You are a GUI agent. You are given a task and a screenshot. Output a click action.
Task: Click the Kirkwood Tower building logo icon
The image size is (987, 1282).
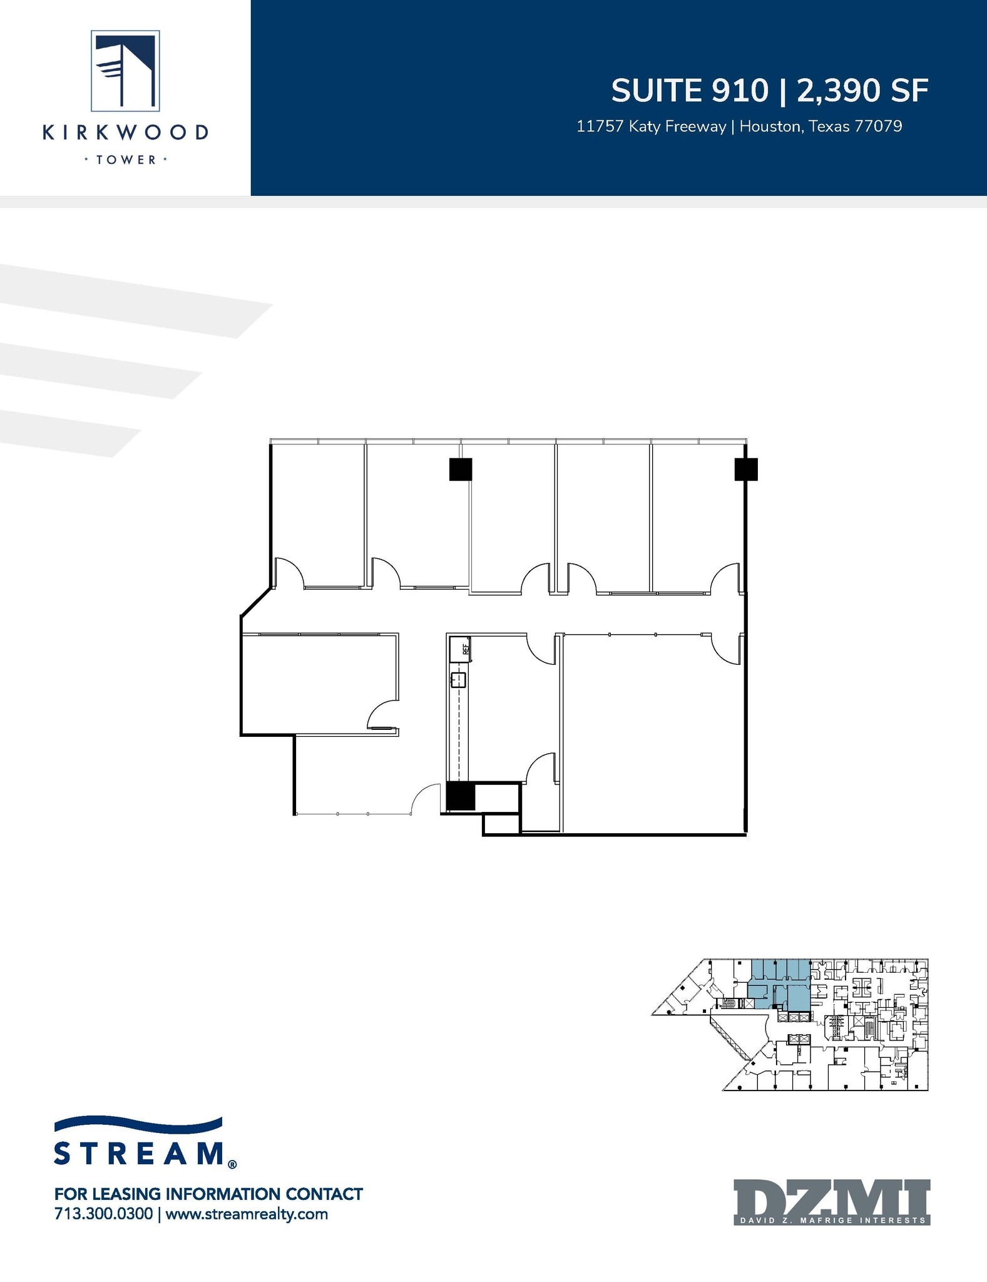point(125,71)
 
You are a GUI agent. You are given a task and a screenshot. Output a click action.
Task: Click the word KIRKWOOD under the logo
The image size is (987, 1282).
point(125,133)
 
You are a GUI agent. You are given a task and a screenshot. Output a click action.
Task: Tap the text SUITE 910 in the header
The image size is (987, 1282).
point(689,91)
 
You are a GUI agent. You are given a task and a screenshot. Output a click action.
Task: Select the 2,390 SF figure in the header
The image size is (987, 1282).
point(862,91)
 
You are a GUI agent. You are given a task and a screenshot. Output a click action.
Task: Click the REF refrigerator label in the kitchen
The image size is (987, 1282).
point(466,649)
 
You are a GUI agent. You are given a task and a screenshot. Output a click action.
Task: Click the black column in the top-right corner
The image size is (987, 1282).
point(746,469)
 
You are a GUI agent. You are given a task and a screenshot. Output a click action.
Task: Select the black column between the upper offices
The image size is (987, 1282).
point(461,469)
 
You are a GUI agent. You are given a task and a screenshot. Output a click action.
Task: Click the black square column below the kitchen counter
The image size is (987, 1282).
point(461,797)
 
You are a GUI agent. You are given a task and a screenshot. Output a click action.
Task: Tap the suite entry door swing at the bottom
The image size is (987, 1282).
point(426,799)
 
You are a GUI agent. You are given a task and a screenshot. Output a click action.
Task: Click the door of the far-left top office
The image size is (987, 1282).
point(289,573)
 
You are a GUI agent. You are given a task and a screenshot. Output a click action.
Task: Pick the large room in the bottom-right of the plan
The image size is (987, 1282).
point(651,732)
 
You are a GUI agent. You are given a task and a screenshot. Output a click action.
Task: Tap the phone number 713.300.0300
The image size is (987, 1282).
point(104,1214)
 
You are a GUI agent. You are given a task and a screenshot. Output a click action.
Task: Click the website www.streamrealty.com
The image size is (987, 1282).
point(247,1214)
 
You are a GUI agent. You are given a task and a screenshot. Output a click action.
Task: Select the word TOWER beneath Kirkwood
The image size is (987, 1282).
point(125,160)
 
